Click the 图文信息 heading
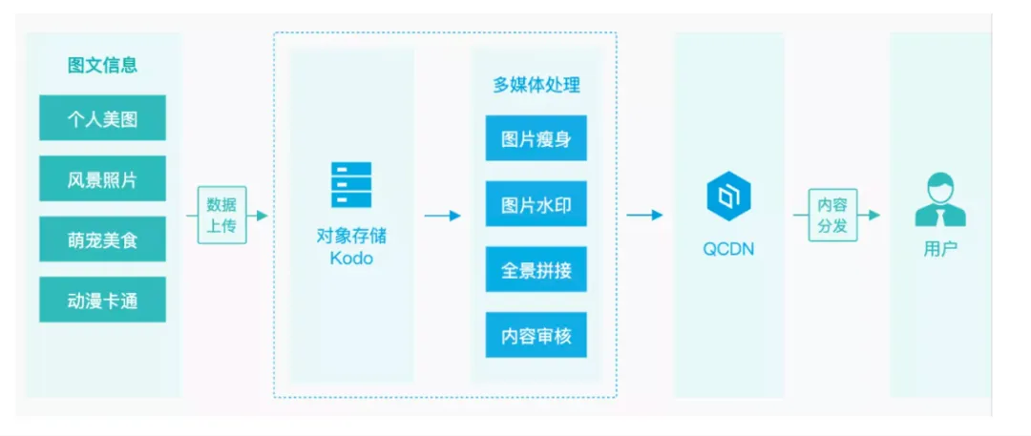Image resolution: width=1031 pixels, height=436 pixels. (x=102, y=65)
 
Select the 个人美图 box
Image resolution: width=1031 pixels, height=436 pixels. (x=102, y=118)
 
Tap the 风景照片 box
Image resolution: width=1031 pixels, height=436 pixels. (x=102, y=178)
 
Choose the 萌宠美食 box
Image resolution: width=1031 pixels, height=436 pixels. (x=102, y=239)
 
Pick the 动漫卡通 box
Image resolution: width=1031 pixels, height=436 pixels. (x=102, y=300)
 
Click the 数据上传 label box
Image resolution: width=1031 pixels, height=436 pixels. (x=221, y=215)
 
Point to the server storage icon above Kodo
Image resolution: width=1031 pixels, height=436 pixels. (x=351, y=185)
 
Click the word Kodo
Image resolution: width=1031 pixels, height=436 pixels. (x=351, y=259)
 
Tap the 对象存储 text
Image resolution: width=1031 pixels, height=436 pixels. (x=351, y=235)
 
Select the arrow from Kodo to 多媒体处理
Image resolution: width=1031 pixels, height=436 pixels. (x=443, y=216)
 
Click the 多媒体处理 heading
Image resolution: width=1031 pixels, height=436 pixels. (x=536, y=85)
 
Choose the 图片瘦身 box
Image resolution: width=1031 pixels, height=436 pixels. (x=536, y=138)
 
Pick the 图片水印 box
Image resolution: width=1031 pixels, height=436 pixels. (x=536, y=204)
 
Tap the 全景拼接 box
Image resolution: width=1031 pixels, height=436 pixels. (x=536, y=269)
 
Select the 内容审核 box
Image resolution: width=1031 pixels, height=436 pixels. (x=536, y=335)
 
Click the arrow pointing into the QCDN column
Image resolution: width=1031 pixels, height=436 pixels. (x=644, y=216)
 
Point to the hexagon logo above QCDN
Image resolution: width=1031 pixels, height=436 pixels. (x=728, y=197)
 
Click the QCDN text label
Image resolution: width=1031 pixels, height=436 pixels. (x=728, y=249)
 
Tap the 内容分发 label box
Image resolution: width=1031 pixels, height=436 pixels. (x=832, y=215)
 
